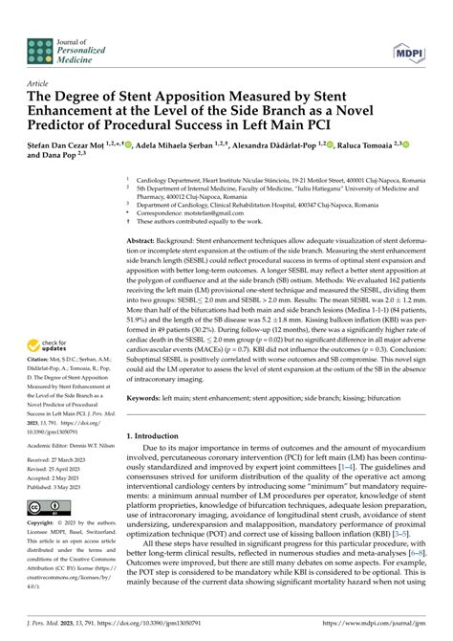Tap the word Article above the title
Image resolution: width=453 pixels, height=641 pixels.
(41, 83)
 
